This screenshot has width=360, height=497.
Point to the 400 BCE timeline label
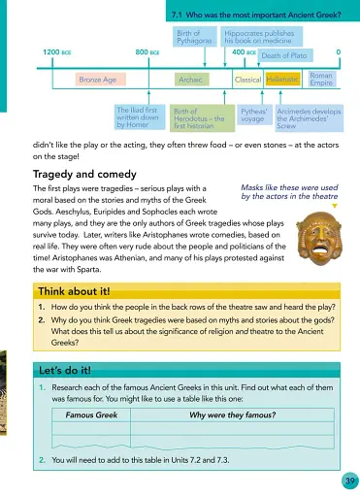click(x=244, y=50)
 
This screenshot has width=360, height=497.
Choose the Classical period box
click(x=247, y=79)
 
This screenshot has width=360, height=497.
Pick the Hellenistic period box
click(x=282, y=79)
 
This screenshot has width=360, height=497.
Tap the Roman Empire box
click(x=320, y=79)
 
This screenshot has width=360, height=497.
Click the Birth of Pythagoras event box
click(x=196, y=38)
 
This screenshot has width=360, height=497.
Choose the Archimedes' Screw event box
click(x=309, y=117)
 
